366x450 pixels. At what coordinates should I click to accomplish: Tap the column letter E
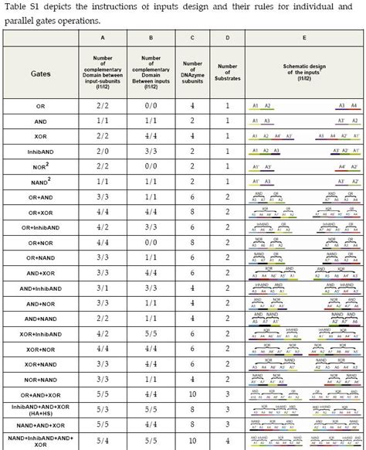click(x=304, y=38)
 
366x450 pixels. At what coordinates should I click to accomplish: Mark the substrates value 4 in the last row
click(x=228, y=440)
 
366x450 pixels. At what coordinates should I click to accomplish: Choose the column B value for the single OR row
click(x=152, y=104)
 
